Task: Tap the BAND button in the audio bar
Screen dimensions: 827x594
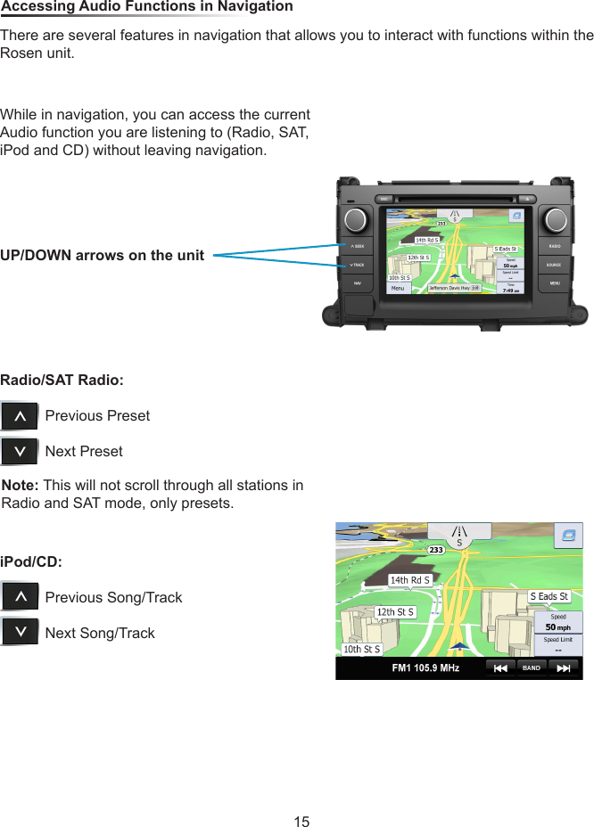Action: pos(532,667)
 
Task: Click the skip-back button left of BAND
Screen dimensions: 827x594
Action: pos(500,667)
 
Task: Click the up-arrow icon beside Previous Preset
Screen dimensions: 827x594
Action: pos(20,416)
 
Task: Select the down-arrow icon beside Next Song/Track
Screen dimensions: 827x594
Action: pos(20,633)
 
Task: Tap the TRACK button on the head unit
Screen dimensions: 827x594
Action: pos(358,266)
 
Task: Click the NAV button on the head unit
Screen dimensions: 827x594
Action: pos(358,283)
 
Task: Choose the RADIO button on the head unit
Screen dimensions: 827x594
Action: pos(555,246)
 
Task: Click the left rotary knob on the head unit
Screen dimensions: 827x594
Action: pos(358,219)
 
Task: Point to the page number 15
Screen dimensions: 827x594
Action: pos(301,821)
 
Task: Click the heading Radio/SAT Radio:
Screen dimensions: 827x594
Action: pos(62,381)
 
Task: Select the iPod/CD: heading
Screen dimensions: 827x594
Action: pos(31,562)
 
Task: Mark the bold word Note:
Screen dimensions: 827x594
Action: pos(21,486)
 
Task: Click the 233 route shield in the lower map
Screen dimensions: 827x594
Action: pos(435,550)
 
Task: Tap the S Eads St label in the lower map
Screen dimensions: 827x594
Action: pos(549,596)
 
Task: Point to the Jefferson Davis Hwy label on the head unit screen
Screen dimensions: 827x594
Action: pos(451,288)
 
